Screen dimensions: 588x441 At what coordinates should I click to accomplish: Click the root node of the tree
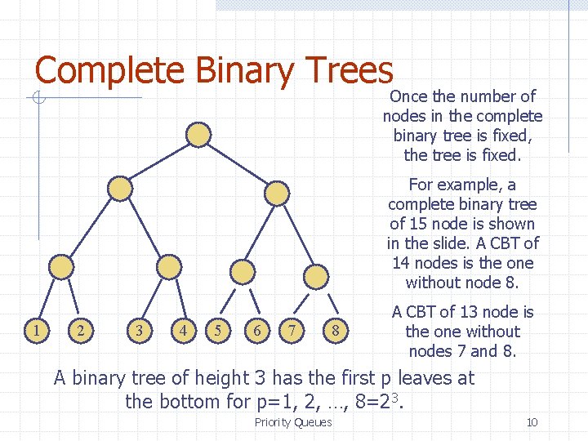coord(198,133)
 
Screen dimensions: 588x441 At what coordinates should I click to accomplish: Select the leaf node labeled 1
coord(35,330)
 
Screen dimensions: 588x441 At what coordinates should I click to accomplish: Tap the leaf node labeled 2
coord(80,330)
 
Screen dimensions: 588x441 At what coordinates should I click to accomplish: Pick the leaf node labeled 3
coord(140,330)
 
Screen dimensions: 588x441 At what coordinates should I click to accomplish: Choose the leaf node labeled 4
coord(185,330)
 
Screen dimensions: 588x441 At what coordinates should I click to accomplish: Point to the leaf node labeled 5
coord(216,330)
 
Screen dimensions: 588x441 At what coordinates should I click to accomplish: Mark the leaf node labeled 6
coord(258,330)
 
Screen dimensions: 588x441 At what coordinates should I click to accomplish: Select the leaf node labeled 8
coord(333,331)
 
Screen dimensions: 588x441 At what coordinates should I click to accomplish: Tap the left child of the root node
coord(120,189)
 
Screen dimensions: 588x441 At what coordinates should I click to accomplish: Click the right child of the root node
coord(278,193)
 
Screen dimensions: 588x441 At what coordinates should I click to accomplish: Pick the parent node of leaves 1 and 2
coord(61,266)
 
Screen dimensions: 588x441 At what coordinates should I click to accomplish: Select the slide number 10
coord(532,422)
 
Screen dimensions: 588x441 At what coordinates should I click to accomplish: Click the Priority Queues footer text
coord(293,422)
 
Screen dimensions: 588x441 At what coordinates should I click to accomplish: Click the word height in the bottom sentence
coord(195,378)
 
